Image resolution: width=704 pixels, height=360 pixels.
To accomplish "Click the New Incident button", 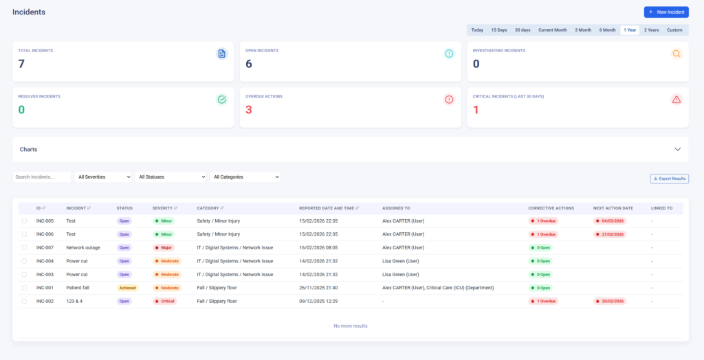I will (665, 12).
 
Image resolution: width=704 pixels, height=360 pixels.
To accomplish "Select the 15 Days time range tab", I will (498, 30).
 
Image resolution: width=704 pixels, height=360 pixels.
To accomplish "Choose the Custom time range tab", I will (674, 30).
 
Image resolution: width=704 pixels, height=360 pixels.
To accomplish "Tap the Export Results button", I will (669, 179).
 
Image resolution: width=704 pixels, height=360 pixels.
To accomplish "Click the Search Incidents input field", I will (42, 177).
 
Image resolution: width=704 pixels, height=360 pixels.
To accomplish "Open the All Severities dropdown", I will (104, 177).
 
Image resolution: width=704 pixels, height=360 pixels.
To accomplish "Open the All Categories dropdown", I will (245, 177).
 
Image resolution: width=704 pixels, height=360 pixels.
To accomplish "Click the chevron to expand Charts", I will (677, 149).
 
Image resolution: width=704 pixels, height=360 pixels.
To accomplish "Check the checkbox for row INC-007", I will (24, 247).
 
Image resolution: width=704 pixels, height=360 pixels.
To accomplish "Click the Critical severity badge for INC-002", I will (164, 301).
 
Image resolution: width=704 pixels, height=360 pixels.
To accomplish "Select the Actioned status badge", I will (127, 288).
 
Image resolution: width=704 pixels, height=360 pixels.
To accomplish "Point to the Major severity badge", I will (164, 247).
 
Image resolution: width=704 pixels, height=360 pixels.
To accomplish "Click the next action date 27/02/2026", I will (610, 234).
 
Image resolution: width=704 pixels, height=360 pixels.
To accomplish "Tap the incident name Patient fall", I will (78, 288).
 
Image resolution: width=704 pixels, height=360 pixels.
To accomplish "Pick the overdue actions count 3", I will (249, 110).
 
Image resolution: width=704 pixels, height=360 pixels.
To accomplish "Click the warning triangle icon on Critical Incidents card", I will (676, 100).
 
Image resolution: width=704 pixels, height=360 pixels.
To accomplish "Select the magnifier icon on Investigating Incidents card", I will (676, 54).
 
